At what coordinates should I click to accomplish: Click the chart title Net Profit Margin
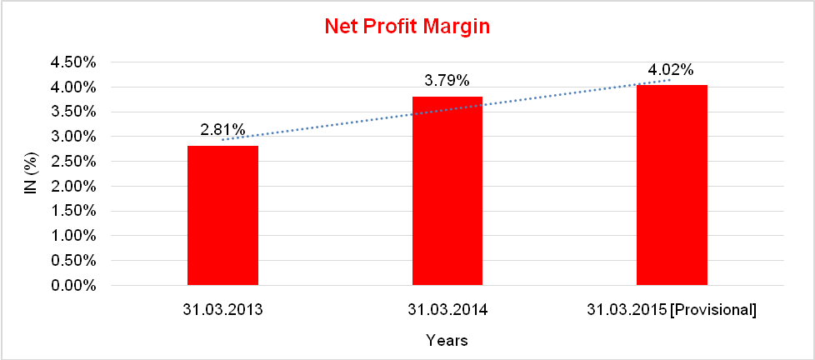[407, 27]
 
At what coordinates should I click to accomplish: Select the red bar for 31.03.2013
[222, 216]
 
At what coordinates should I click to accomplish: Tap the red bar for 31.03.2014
[447, 192]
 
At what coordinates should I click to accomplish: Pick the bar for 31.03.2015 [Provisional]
[672, 185]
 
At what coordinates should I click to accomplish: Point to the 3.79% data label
[447, 80]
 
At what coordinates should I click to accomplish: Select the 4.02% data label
[672, 69]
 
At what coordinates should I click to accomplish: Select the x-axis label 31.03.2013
[222, 310]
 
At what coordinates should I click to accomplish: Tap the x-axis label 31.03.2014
[447, 310]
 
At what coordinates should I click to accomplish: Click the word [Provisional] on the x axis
[715, 310]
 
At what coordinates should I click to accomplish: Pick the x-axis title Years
[447, 340]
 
